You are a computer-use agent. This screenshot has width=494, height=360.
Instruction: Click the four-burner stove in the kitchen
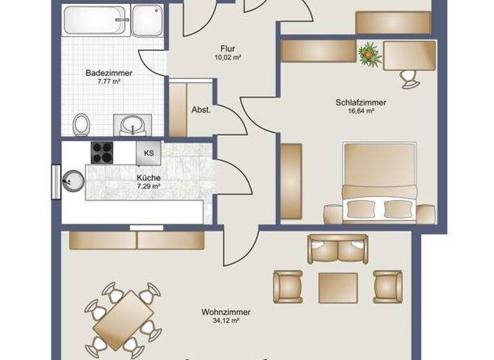pyautogui.click(x=103, y=152)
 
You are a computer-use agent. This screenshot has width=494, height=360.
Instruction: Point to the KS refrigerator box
pyautogui.click(x=149, y=153)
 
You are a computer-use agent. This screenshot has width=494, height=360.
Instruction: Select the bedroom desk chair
pyautogui.click(x=409, y=77)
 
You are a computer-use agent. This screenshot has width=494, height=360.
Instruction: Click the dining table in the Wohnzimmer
pyautogui.click(x=122, y=319)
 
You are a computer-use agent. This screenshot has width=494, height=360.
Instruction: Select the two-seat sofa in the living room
pyautogui.click(x=338, y=248)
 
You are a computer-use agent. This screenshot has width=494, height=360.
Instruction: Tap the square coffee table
pyautogui.click(x=338, y=287)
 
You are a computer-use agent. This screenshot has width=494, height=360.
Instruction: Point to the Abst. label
pyautogui.click(x=201, y=110)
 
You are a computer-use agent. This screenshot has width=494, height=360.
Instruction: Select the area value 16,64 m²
pyautogui.click(x=360, y=111)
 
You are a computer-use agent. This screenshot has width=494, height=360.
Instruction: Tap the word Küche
pyautogui.click(x=148, y=177)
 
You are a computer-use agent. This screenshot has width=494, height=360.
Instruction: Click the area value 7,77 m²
pyautogui.click(x=109, y=82)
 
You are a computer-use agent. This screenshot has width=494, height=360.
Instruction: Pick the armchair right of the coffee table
pyautogui.click(x=388, y=285)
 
